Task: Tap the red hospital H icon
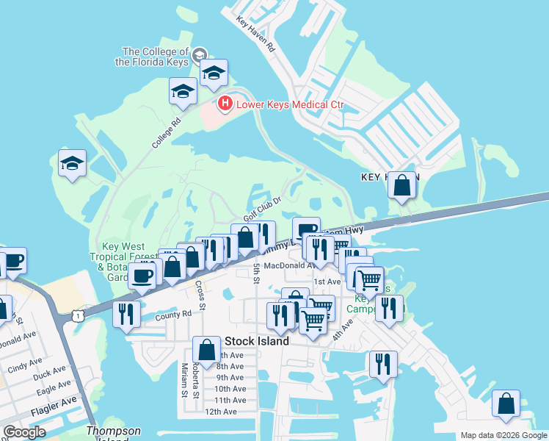point(225,104)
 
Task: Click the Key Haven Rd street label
point(255,36)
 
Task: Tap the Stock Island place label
point(256,341)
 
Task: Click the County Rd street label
point(173,314)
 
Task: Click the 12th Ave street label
point(220,412)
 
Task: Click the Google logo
point(24,432)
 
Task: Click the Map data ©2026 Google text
point(503,434)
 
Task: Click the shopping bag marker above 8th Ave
point(206,349)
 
